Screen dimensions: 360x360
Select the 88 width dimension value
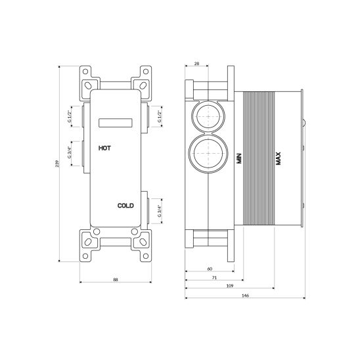click(x=116, y=280)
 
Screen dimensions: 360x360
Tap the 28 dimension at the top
click(x=196, y=63)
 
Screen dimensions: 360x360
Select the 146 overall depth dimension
click(x=244, y=295)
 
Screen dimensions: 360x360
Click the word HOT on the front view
click(x=105, y=149)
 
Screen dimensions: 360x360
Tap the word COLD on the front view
click(x=125, y=206)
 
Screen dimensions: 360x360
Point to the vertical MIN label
click(x=238, y=158)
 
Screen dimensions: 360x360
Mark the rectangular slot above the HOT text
click(x=116, y=122)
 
